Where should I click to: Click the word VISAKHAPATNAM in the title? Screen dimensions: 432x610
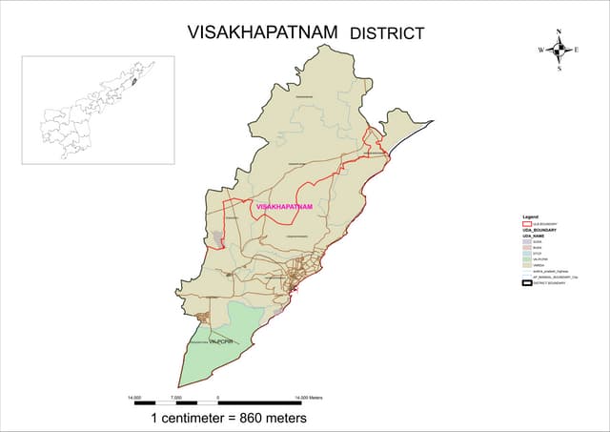coord(264,31)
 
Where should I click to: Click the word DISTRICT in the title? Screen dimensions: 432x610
coord(387,33)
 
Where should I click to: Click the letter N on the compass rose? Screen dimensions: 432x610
coord(559,31)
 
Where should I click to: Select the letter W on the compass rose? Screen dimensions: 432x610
coord(540,50)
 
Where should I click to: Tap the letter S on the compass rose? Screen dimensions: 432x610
coord(559,69)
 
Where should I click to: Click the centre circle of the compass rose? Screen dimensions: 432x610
coord(559,50)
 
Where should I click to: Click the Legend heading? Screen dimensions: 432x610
coord(530,217)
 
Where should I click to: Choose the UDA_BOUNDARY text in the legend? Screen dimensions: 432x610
coord(539,231)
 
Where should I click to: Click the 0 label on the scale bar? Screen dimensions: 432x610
coord(218,396)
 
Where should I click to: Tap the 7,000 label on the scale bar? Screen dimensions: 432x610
coord(176,396)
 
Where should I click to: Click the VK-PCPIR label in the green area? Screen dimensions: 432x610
coord(220,340)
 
